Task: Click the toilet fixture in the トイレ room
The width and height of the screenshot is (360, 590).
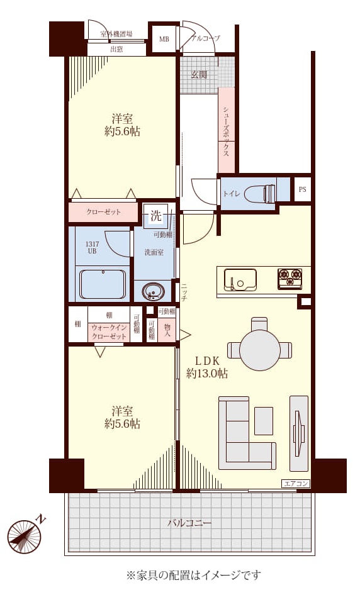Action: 260,194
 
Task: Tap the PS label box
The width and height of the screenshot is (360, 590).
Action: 302,189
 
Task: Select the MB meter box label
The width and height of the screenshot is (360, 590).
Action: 164,39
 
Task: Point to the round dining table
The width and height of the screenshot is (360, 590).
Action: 260,350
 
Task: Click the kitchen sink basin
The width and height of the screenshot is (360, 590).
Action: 240,279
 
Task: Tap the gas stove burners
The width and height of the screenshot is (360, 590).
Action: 290,279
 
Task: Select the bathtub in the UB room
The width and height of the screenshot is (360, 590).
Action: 103,284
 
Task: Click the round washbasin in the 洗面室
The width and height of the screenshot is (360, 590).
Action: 153,292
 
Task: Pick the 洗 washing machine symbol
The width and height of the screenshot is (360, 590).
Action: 155,216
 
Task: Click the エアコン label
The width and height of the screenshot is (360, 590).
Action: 296,484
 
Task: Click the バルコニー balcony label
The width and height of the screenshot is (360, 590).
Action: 189,523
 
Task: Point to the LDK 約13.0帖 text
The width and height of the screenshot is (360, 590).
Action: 207,367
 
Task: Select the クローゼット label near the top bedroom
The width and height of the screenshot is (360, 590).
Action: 104,212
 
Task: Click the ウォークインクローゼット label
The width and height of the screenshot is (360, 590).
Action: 109,332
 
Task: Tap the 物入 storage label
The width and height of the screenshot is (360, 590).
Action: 167,330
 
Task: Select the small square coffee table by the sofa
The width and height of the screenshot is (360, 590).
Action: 264,421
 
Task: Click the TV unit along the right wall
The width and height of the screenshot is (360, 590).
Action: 299,433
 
